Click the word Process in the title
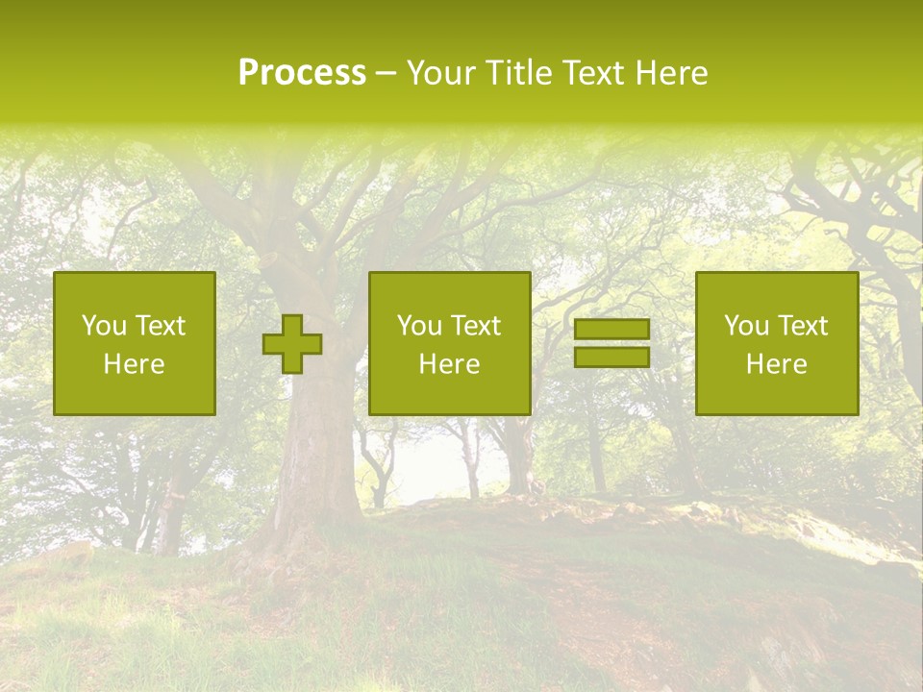302,73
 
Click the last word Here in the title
672,73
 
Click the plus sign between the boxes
292,344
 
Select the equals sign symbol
611,343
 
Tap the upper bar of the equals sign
611,330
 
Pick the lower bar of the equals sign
611,357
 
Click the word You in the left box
104,326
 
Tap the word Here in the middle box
450,364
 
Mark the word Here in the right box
777,364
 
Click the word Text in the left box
160,326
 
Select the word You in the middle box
419,326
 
